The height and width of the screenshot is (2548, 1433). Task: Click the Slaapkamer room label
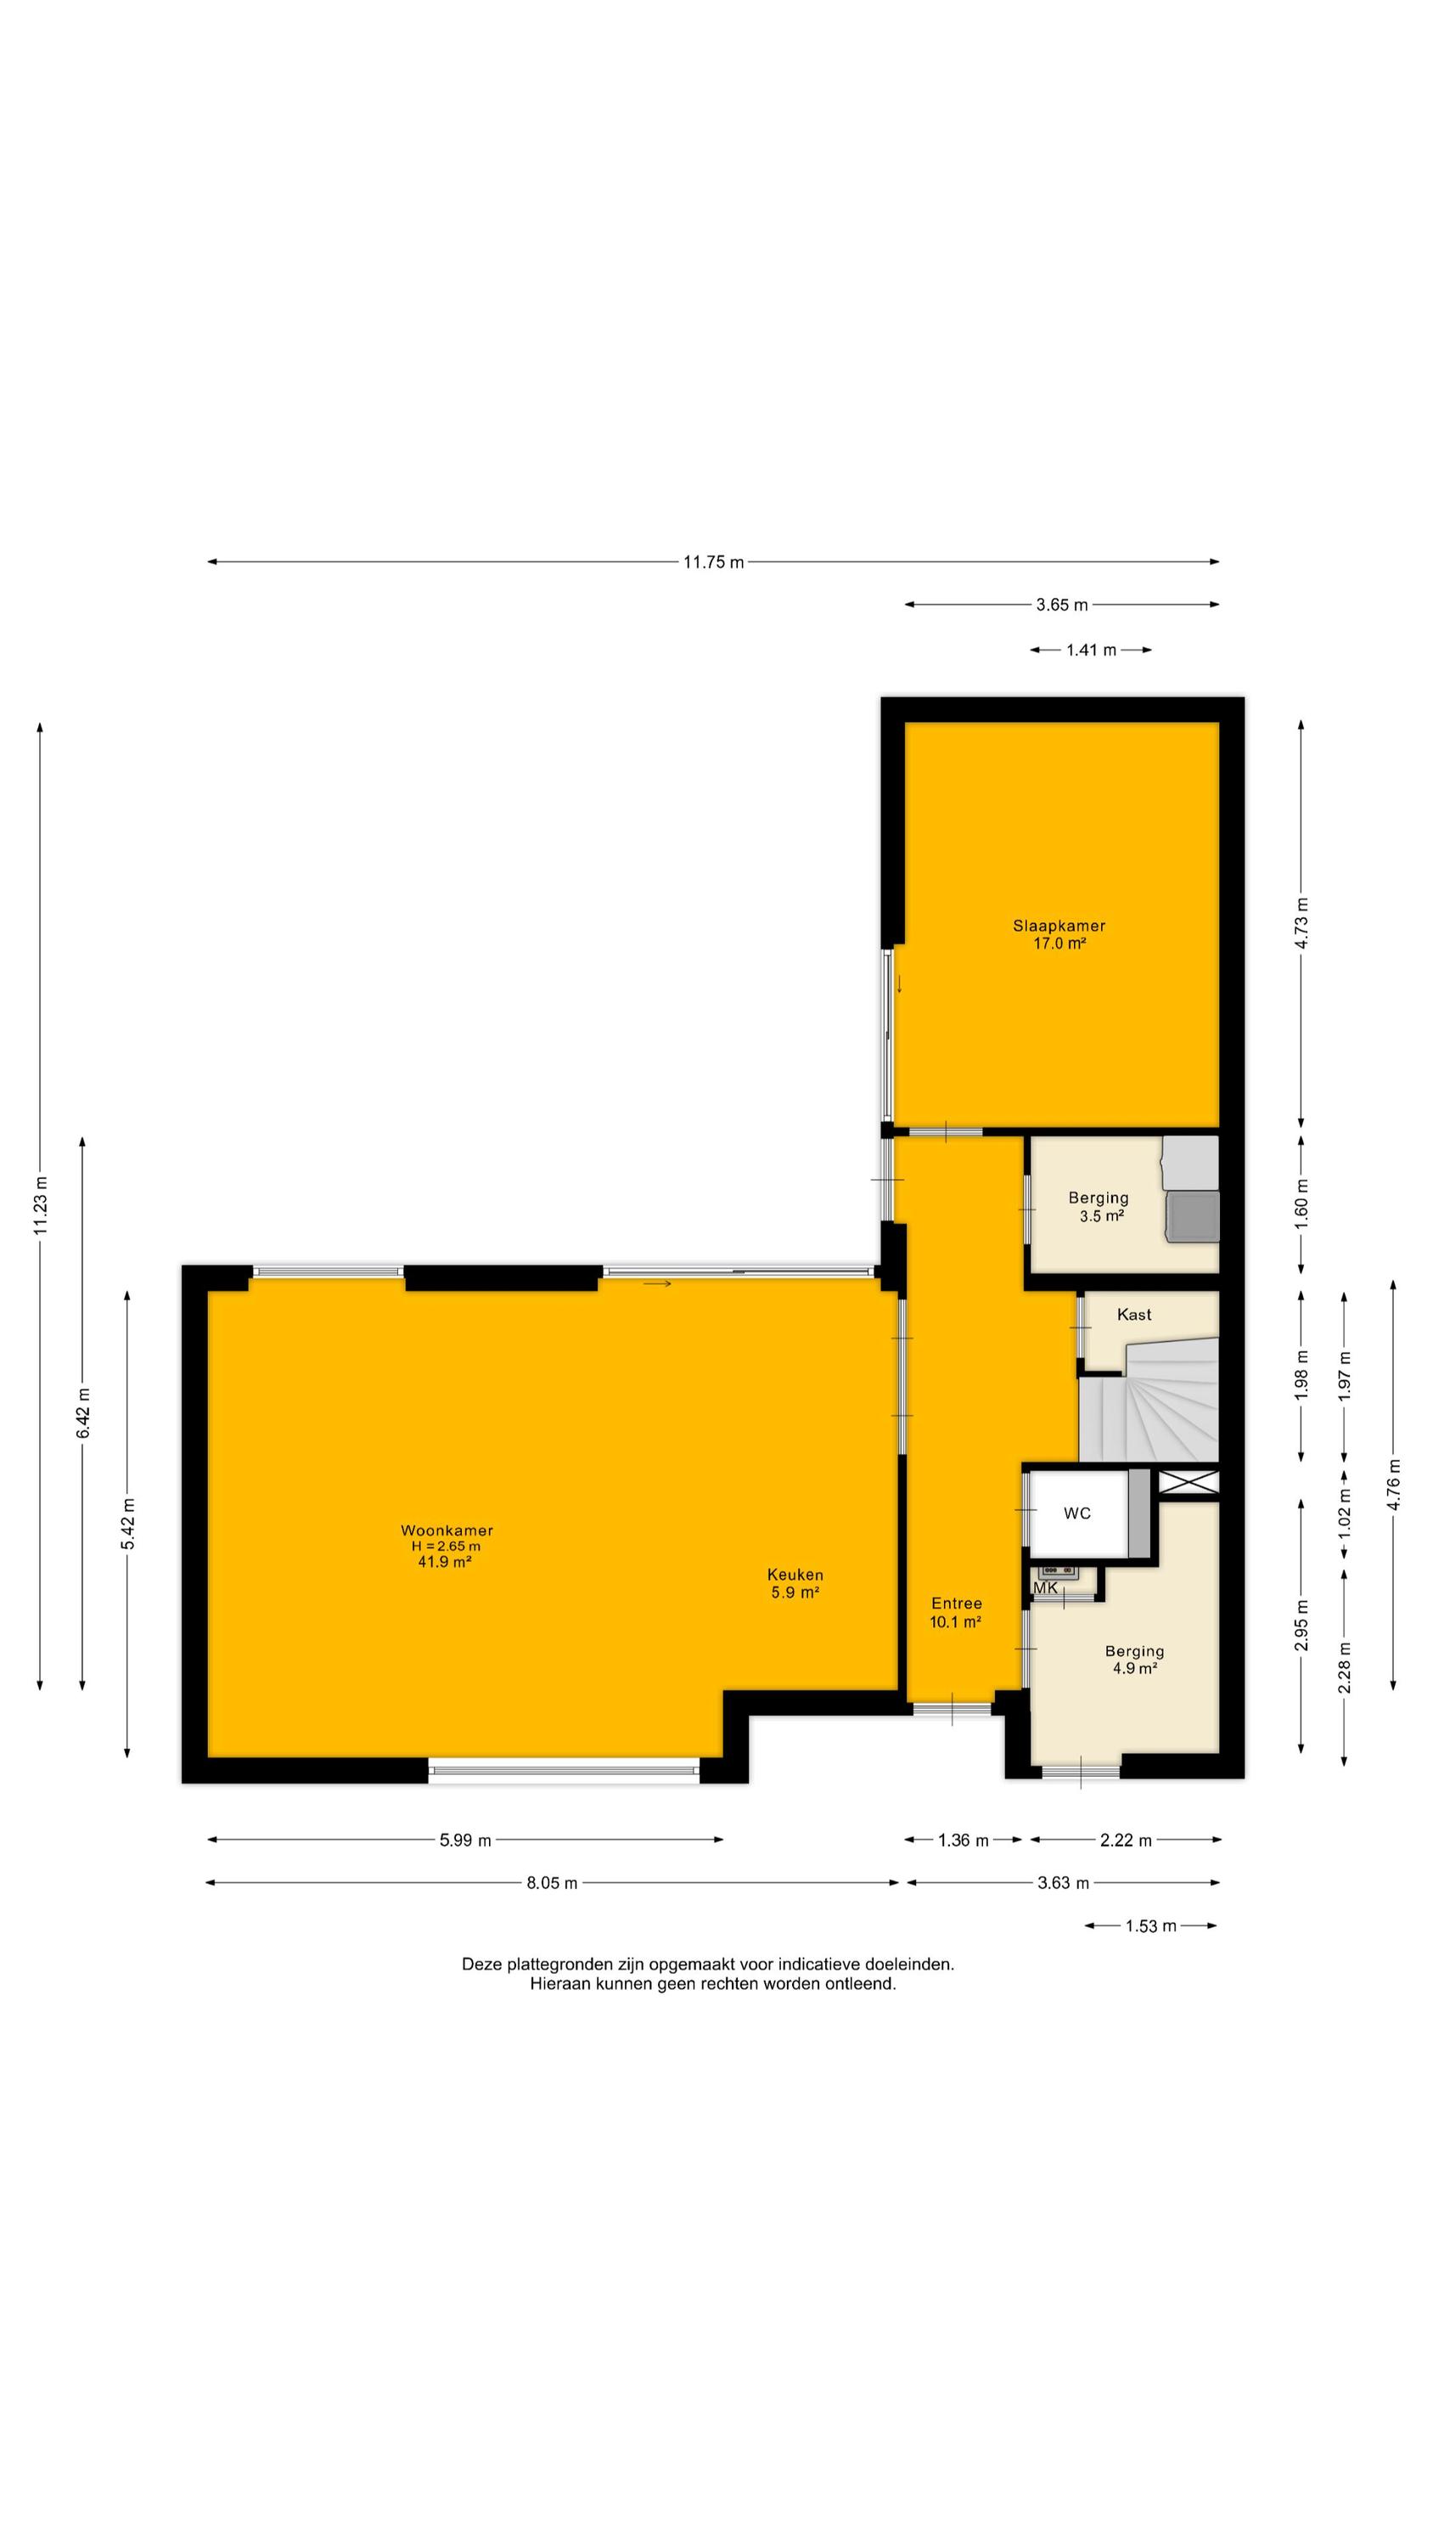point(1058,926)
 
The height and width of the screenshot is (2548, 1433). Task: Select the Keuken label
point(795,1575)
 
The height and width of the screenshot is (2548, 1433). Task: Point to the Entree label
point(956,1604)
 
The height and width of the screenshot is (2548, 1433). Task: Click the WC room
point(1077,1514)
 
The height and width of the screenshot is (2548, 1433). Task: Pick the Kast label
point(1134,1315)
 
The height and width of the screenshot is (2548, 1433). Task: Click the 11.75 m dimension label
point(713,561)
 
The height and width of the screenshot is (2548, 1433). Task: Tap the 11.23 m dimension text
point(40,1206)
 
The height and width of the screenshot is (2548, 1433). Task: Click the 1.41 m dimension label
point(1091,650)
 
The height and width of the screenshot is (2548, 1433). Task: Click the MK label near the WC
point(1045,1588)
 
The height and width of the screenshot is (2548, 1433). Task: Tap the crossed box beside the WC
point(1189,1483)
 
